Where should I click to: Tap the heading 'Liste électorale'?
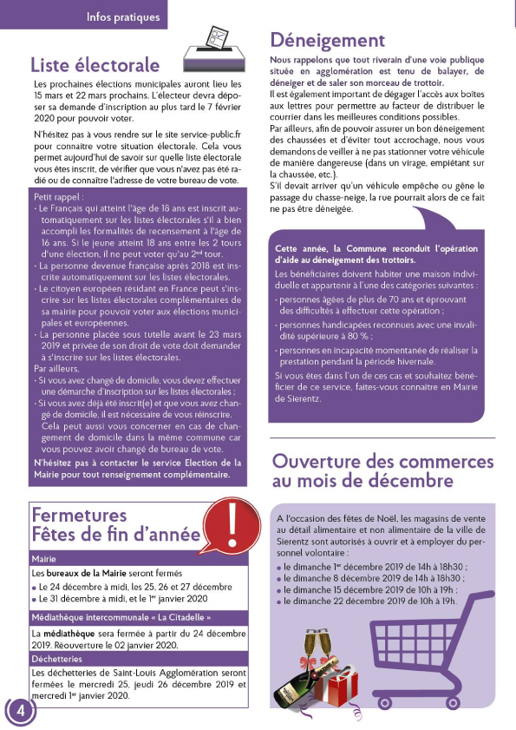coord(95,65)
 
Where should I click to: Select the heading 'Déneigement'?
coord(327,41)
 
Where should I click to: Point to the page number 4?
coord(20,710)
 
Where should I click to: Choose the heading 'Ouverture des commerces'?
coord(382,461)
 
